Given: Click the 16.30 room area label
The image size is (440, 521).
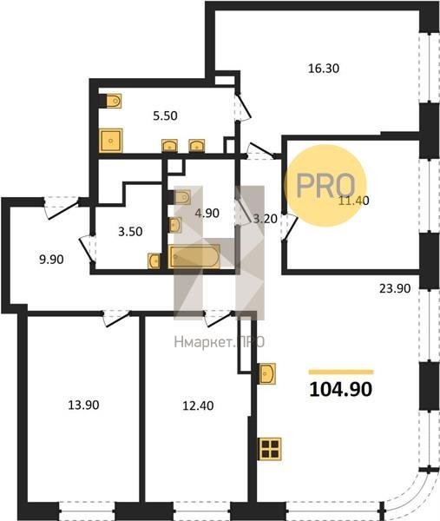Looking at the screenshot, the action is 324,69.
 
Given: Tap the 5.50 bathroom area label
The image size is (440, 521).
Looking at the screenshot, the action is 165,115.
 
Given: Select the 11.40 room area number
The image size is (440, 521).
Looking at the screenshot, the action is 353,201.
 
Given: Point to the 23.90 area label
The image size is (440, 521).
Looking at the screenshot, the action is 395,288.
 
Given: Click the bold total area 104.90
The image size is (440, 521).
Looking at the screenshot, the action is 341,389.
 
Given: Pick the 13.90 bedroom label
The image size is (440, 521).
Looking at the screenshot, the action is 83,405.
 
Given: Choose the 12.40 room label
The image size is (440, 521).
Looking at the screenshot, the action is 198,406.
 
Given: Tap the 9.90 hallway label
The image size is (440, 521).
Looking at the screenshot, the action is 51,260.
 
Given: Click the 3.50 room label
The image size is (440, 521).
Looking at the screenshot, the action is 130,232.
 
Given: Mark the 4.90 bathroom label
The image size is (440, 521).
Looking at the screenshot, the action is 207,213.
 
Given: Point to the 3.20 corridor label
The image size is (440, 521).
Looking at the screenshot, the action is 265,219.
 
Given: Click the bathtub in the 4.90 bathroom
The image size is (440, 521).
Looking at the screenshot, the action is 194,256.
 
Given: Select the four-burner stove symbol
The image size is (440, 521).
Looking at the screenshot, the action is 270,449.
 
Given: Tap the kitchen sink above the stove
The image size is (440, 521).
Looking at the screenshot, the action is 267,373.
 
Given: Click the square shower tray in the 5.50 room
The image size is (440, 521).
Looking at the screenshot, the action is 111,141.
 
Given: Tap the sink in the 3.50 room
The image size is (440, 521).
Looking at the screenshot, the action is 154,260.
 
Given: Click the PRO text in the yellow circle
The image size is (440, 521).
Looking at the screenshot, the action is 325,186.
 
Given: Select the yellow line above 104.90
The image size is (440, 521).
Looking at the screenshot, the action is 341,373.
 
